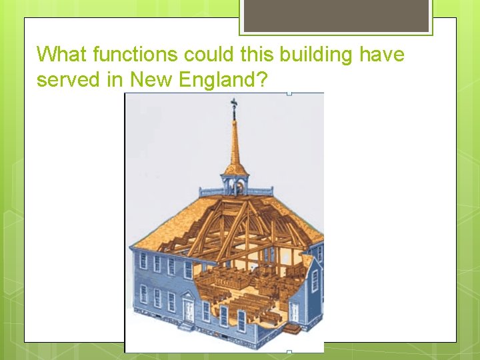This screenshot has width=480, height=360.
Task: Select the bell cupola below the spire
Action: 233,183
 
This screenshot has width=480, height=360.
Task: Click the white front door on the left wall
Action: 189,309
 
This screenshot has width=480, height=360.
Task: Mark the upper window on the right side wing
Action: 315,281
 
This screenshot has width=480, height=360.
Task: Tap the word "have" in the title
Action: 382,54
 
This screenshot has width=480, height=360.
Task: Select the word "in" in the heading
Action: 116,80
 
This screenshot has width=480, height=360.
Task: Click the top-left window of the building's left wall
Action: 143,261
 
